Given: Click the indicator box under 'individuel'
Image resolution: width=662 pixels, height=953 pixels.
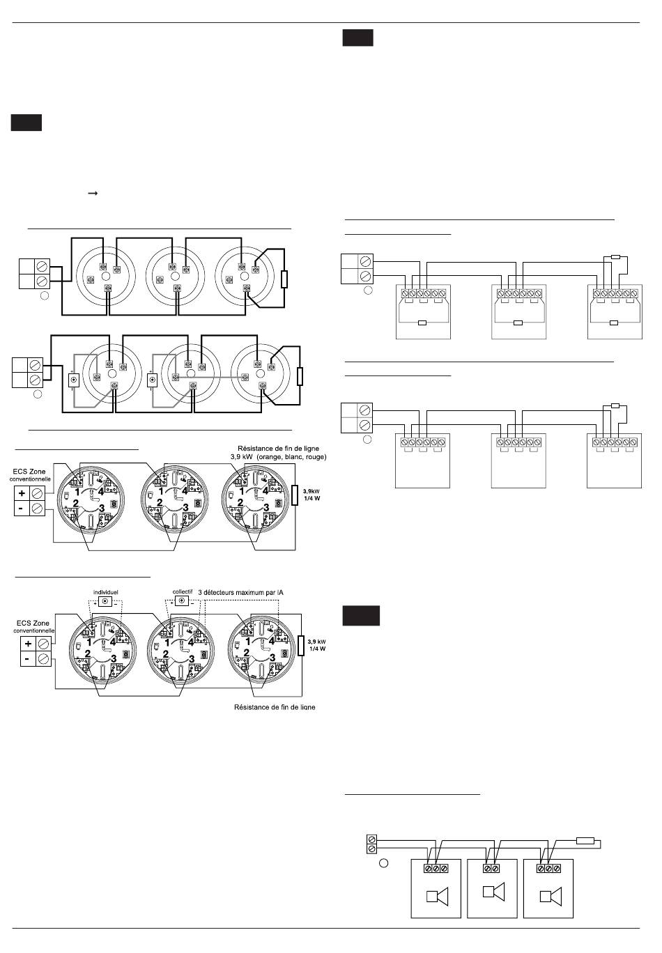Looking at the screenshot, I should click(105, 601).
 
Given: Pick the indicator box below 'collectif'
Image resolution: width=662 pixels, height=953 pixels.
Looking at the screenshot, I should click(183, 601).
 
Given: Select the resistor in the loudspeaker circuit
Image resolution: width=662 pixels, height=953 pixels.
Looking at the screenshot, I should click(585, 840).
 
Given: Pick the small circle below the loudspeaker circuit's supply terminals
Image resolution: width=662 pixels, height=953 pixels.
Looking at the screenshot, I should click(383, 865).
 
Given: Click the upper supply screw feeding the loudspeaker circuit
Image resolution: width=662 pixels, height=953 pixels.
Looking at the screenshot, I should click(372, 838).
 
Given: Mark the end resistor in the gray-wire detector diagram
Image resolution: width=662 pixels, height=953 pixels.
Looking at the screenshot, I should click(300, 377).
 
